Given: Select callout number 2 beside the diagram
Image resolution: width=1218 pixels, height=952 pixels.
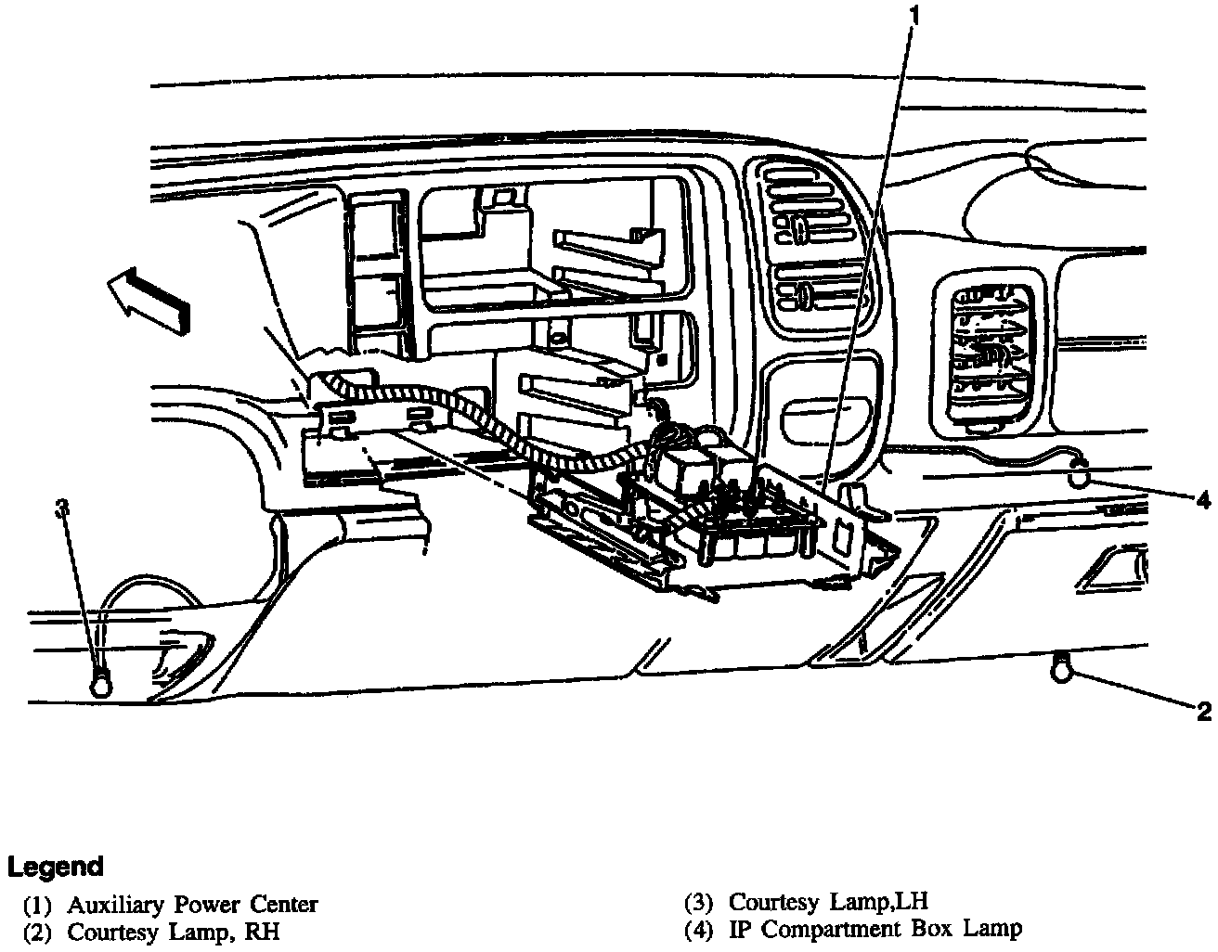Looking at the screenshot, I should pos(1203,712).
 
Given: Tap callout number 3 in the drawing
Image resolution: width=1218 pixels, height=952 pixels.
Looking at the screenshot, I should pos(62,508).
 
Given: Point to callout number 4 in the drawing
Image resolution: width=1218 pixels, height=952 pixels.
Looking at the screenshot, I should pos(1203,500).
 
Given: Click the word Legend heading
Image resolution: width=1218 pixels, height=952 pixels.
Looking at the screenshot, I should pos(55,867).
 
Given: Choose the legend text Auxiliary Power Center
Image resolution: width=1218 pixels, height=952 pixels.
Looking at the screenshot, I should pos(192,904).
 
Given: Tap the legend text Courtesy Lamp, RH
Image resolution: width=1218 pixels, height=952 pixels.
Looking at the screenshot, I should pos(174,931).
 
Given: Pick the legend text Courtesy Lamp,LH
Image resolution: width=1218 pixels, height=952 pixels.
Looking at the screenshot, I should pos(828,901).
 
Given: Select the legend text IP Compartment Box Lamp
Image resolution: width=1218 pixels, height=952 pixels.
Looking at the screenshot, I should pos(875,928).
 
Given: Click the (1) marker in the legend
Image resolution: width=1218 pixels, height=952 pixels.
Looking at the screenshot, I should pos(38,905).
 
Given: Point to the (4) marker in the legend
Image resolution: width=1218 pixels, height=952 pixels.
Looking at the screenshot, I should pos(699,929).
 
